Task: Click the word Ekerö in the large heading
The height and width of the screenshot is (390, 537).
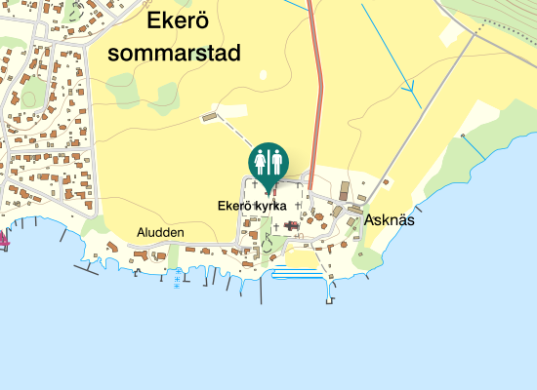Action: point(176,21)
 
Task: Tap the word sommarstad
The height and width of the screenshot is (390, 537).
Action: point(174,53)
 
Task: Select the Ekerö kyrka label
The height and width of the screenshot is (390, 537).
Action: point(251,207)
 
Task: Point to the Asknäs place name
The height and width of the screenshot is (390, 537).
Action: point(390,220)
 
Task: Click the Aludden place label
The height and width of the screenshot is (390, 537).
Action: point(161,233)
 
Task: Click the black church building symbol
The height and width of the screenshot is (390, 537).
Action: point(291,225)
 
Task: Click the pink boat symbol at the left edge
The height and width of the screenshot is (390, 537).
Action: point(4,237)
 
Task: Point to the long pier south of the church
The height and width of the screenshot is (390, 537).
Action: point(328,290)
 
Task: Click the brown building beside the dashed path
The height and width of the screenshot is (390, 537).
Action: point(207,118)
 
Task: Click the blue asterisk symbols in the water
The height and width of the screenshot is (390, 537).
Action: point(177,281)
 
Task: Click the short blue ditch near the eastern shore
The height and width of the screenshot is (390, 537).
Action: point(473,146)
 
